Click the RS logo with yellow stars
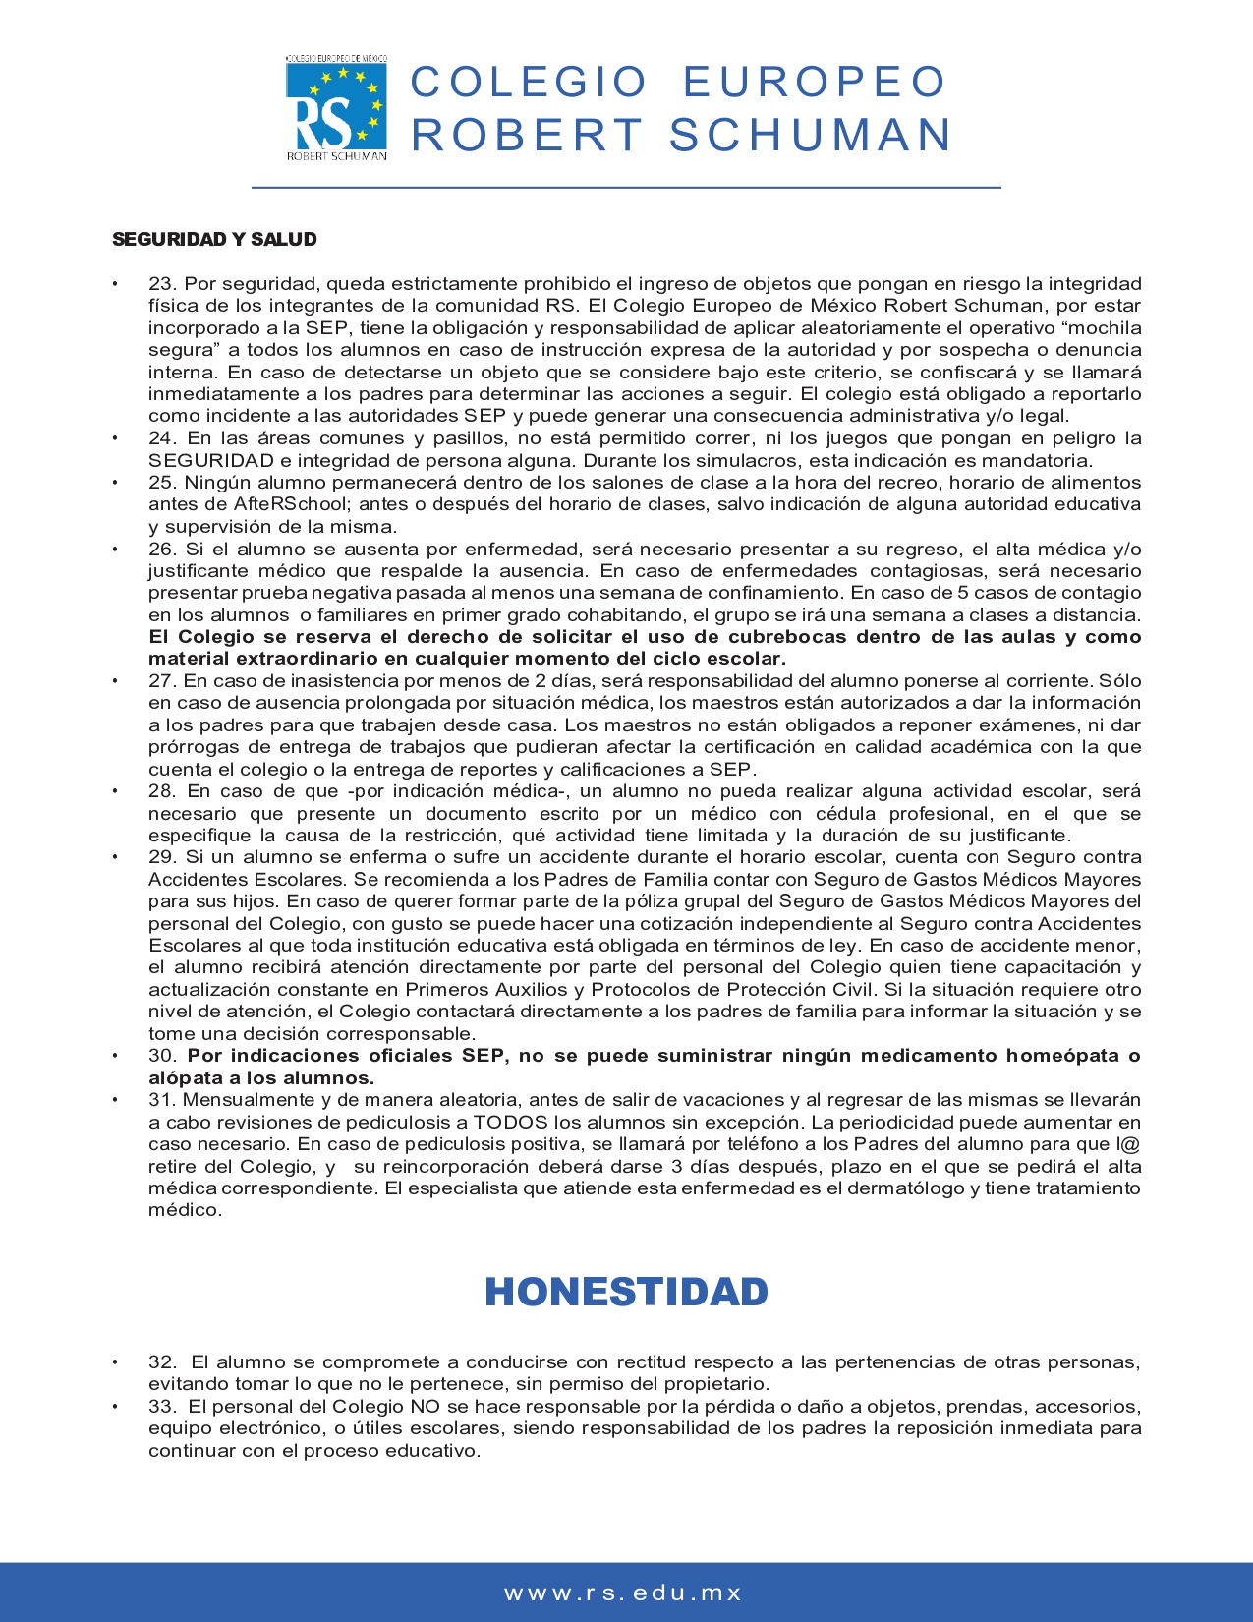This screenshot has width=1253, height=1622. click(336, 107)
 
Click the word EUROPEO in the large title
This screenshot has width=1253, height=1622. click(814, 83)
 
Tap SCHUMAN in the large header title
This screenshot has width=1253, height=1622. click(811, 135)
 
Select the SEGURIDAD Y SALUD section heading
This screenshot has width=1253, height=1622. click(214, 239)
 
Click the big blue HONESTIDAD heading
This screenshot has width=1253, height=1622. click(626, 1292)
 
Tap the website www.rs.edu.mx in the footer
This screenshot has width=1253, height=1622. click(624, 1593)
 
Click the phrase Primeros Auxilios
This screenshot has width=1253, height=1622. click(489, 990)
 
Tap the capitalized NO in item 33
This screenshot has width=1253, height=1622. click(425, 1407)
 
